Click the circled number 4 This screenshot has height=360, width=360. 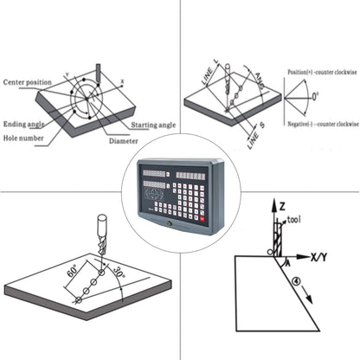tap(294, 280)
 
